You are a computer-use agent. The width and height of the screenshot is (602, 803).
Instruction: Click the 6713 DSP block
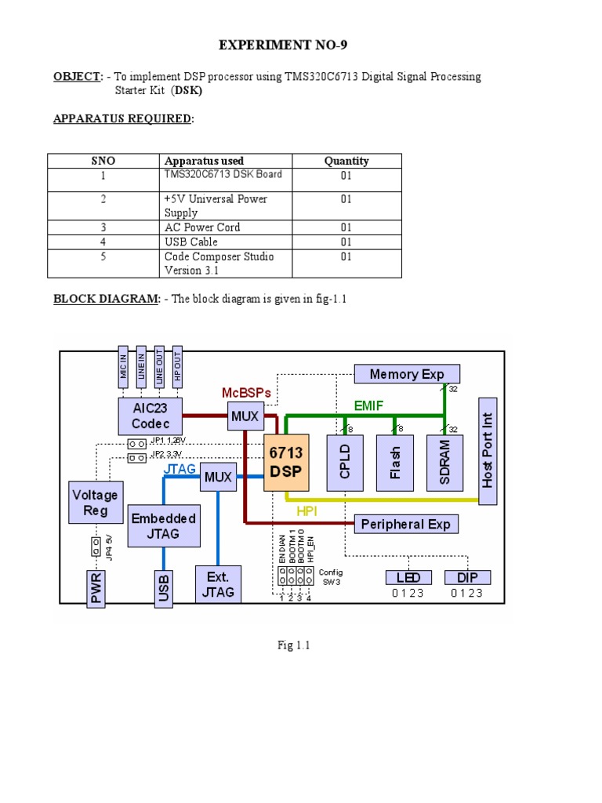(286, 463)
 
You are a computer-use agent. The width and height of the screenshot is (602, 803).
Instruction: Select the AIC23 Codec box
(150, 416)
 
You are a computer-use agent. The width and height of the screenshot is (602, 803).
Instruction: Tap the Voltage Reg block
(95, 503)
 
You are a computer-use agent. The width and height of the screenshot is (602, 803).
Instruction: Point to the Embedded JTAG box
(163, 526)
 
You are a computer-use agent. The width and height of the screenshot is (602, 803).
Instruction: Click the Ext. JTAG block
(218, 584)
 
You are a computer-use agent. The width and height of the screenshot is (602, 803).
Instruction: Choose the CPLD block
(346, 463)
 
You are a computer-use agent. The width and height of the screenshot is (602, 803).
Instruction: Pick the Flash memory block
(394, 463)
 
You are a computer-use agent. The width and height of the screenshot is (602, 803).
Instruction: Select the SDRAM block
(444, 463)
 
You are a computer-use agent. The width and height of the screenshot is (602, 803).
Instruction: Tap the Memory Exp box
(407, 374)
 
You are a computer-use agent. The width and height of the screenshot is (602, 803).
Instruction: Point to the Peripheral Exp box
(406, 524)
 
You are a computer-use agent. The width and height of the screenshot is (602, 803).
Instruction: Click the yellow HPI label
(307, 511)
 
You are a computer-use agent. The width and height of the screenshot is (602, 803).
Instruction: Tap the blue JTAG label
(180, 470)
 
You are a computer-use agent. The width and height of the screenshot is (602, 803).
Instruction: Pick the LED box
(408, 578)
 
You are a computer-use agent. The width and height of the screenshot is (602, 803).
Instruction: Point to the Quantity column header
(346, 161)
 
